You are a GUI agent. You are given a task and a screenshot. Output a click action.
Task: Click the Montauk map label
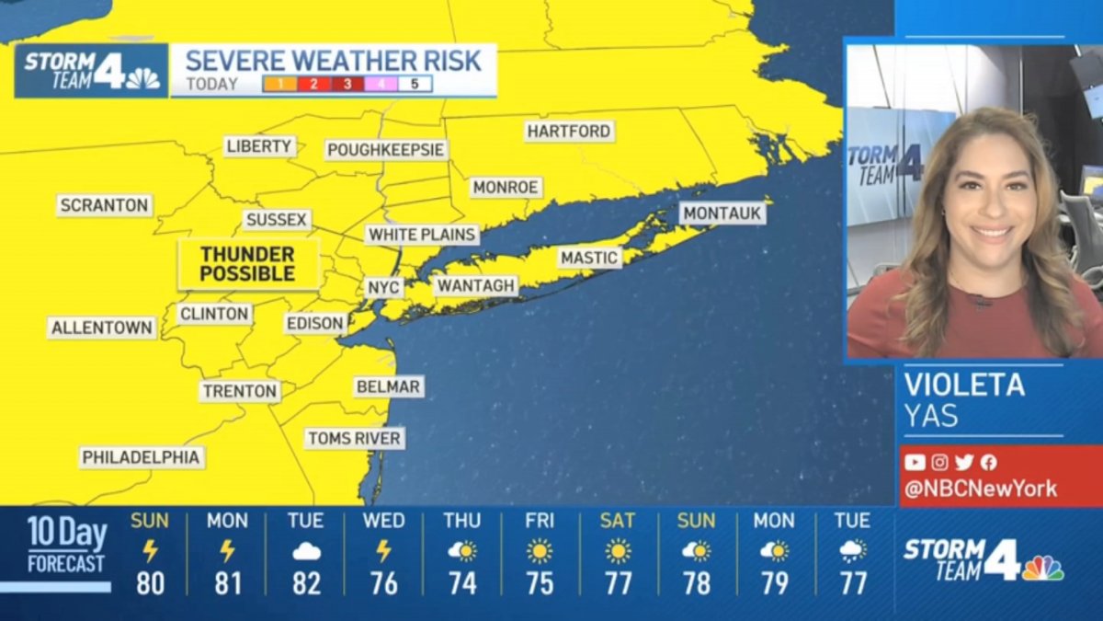[x=722, y=213]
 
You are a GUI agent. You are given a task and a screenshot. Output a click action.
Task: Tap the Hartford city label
[x=569, y=132]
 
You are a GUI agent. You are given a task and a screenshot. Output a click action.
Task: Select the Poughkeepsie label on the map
[x=386, y=150]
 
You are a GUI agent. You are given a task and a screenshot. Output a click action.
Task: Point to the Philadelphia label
[x=142, y=457]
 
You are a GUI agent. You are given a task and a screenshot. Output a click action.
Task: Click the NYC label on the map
[x=383, y=287]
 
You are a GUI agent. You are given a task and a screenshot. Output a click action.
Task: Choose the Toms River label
[x=354, y=439]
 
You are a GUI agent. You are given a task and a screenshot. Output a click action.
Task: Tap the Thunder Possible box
[x=247, y=264]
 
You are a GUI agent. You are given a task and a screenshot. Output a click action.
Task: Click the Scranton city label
[x=105, y=205]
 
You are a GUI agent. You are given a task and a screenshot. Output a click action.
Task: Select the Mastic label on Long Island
[x=588, y=258]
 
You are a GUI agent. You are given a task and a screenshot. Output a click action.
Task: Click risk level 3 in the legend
[x=347, y=85]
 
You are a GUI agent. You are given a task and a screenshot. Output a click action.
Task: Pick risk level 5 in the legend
[x=414, y=85]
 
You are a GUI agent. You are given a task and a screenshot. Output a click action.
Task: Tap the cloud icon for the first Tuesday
[x=305, y=552]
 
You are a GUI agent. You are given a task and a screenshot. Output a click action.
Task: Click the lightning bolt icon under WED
[x=383, y=551]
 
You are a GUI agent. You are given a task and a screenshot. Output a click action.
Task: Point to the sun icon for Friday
[x=540, y=552]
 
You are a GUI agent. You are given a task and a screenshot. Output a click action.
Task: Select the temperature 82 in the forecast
[x=305, y=583]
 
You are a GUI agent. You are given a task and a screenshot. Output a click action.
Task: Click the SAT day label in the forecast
[x=618, y=522]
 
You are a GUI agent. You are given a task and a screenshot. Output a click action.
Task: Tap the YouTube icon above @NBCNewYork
[x=914, y=463]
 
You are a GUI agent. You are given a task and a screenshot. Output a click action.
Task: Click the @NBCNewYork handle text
[x=980, y=489]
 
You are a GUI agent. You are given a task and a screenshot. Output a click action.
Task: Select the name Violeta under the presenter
[x=963, y=385]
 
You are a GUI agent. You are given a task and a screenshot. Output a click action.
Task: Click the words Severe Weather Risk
[x=333, y=62]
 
